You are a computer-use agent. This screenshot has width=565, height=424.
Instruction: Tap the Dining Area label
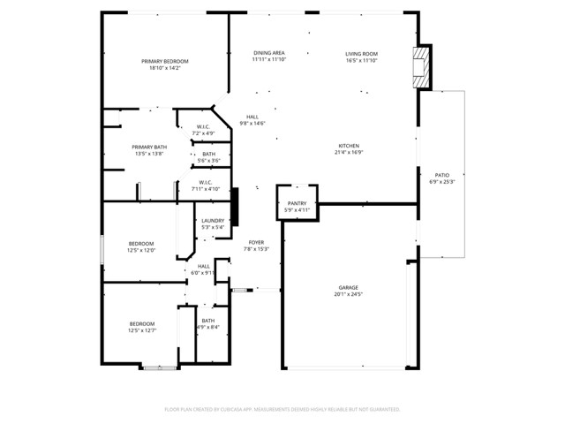268,57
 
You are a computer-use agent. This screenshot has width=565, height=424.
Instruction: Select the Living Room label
361,57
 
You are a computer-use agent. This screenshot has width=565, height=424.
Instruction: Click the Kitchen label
349,148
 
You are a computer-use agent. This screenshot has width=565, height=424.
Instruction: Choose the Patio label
441,178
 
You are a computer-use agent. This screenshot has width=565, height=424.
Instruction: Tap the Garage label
348,291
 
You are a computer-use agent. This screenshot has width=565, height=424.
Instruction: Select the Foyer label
256,246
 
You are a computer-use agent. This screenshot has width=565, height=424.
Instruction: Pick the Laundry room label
213,223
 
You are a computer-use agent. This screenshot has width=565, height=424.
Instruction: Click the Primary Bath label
149,150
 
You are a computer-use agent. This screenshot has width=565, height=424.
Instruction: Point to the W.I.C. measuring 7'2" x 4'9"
203,130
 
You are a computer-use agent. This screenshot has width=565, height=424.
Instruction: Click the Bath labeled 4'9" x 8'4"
207,324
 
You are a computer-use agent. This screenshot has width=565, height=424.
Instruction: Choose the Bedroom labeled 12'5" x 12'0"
141,246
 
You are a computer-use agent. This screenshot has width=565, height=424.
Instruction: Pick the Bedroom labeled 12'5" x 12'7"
141,327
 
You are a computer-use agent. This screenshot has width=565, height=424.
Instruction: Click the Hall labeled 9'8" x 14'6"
252,120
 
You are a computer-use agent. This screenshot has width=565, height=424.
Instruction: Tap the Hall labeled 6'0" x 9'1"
204,269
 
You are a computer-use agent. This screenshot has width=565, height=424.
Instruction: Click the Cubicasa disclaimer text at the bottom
282,409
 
